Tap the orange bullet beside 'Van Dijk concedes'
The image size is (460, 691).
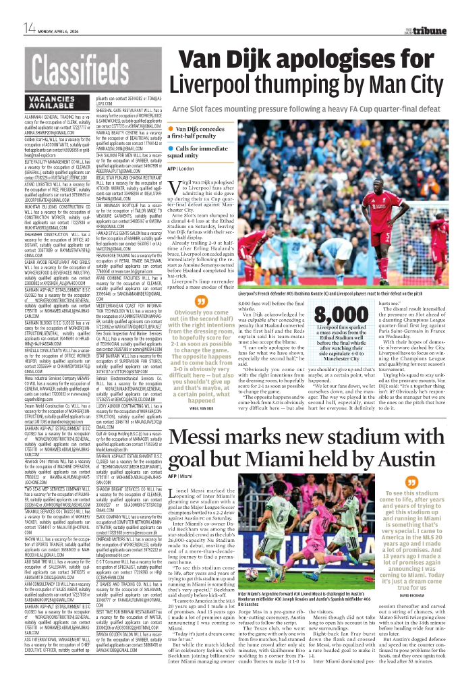pos(172,128)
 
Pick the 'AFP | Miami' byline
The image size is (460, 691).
pos(181,477)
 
